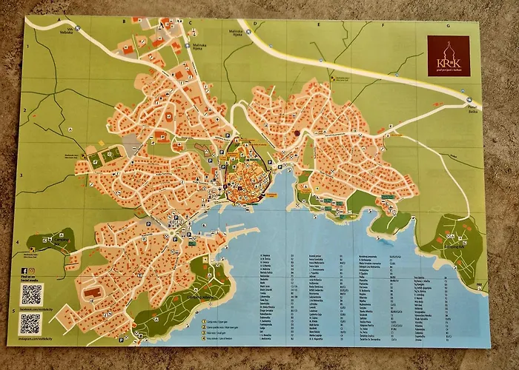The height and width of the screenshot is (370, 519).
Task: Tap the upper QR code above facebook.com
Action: pyautogui.click(x=30, y=294)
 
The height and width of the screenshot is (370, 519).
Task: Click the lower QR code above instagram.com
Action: pyautogui.click(x=30, y=324)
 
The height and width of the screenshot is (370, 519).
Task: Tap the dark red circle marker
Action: pyautogui.click(x=297, y=134)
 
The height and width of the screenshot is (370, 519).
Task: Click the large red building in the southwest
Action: pyautogui.click(x=93, y=293)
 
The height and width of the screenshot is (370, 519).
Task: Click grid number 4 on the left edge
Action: pyautogui.click(x=18, y=242)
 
